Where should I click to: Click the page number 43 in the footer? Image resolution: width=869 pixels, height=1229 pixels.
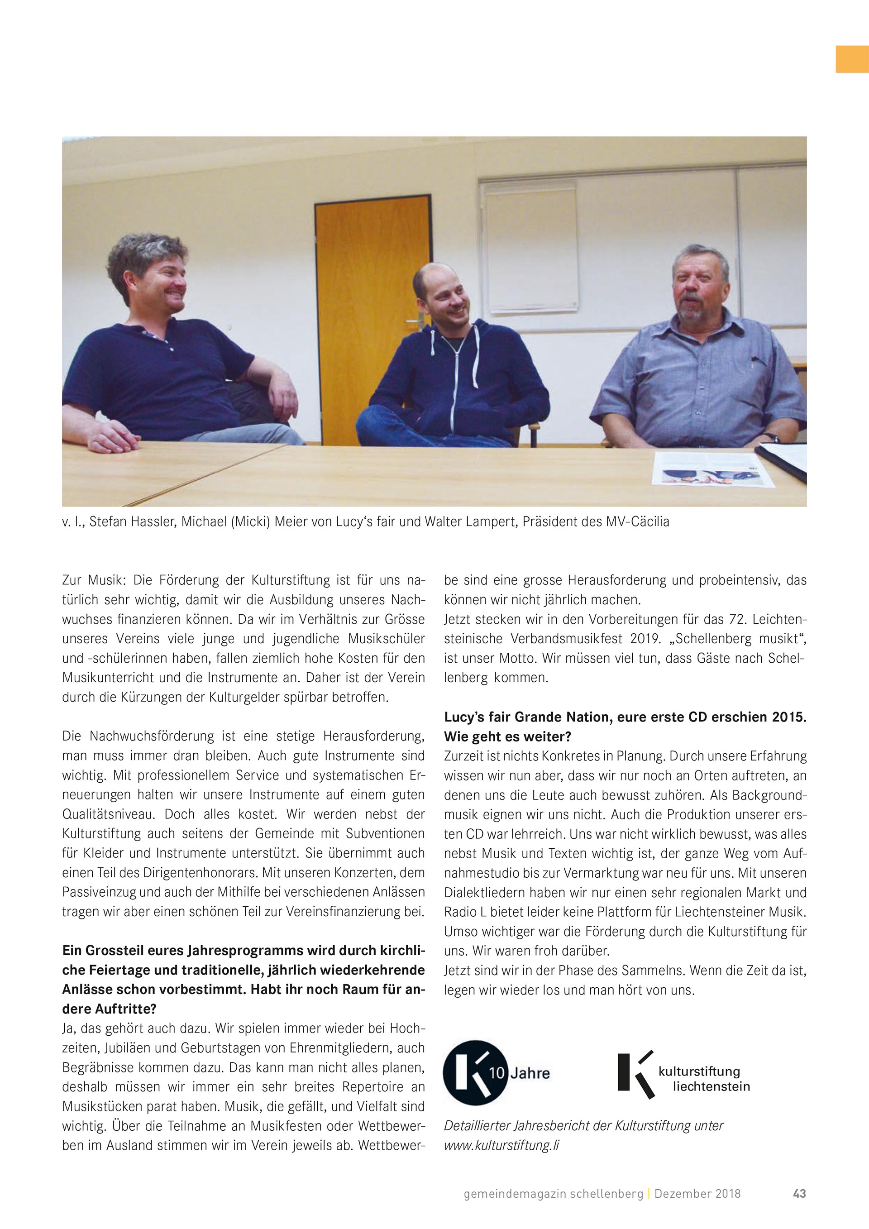(799, 1193)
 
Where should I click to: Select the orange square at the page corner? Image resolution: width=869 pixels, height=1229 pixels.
(852, 59)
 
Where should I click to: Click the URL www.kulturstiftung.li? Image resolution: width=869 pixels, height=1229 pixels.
(501, 1146)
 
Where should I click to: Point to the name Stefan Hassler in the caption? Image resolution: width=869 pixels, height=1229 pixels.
(132, 521)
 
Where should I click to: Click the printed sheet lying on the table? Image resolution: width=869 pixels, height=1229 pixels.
(711, 469)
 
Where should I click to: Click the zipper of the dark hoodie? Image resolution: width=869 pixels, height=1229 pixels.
(458, 375)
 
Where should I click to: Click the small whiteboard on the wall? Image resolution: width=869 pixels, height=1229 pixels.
(531, 246)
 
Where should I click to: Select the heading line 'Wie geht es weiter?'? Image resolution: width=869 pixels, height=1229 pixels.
(507, 736)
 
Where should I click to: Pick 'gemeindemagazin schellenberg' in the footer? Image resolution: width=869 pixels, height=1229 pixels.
(553, 1193)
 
